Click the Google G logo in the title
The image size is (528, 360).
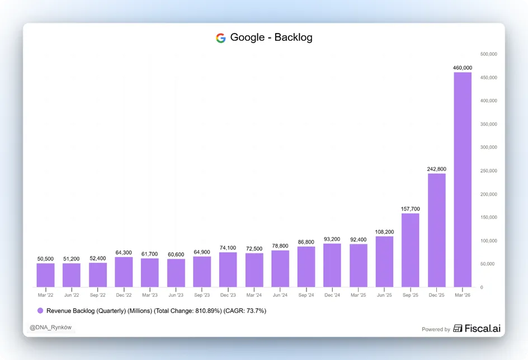[220, 37]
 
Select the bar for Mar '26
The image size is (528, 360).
[463, 179]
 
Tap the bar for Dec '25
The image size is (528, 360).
[436, 230]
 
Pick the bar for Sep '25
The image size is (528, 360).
[410, 250]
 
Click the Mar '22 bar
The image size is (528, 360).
[45, 275]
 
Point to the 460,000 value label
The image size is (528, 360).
[463, 68]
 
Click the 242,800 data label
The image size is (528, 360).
[436, 169]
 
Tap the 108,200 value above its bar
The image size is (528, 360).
[384, 232]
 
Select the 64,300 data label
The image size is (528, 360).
[124, 253]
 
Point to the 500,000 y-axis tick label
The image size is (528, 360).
[489, 54]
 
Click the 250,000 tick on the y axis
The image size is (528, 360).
[489, 170]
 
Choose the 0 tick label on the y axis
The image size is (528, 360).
[482, 287]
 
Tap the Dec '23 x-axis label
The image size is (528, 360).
[228, 295]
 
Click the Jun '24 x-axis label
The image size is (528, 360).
[280, 295]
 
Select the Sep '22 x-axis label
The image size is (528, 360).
[98, 295]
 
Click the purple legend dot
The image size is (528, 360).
[40, 311]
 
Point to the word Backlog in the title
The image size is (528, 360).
[293, 37]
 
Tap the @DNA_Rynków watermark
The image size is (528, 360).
[50, 328]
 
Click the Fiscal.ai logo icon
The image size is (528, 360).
[458, 328]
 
